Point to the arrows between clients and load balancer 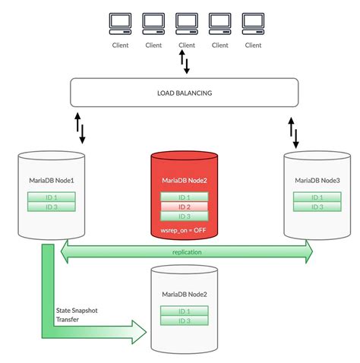[185, 62]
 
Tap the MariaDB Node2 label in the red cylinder [185, 181]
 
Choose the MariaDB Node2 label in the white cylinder [185, 294]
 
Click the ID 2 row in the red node [185, 207]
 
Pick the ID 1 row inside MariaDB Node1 [52, 197]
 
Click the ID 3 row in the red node [185, 216]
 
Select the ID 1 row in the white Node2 [185, 311]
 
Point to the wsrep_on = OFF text [185, 230]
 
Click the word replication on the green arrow [186, 252]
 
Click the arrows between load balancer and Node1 [79, 128]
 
